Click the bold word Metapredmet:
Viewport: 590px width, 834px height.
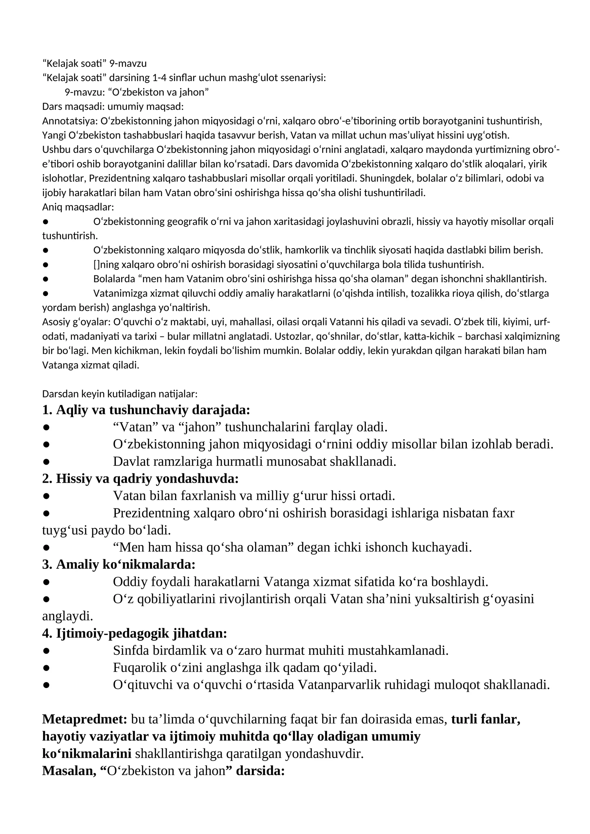tap(84, 719)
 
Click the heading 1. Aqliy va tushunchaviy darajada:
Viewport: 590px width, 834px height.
tap(146, 410)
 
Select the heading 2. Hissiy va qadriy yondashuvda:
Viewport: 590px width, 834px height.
tap(140, 479)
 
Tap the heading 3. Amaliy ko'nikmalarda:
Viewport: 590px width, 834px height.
tap(119, 564)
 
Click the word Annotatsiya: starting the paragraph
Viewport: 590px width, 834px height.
tap(70, 121)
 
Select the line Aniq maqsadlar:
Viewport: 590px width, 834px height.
tap(78, 207)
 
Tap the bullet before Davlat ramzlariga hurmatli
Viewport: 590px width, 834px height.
tap(46, 462)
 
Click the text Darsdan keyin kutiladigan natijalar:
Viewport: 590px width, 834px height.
tap(120, 394)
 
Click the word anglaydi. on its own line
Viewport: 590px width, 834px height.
tap(67, 616)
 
